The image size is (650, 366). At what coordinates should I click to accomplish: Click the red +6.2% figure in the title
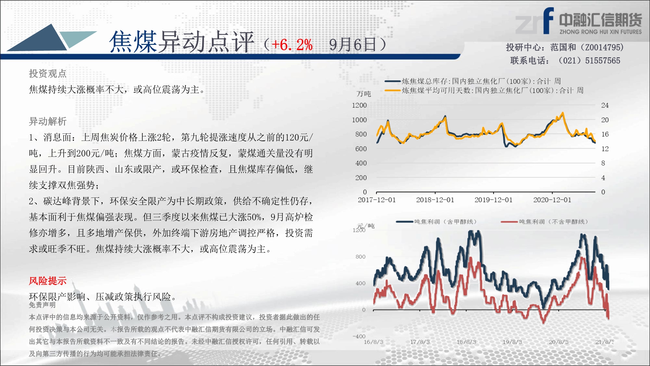pyautogui.click(x=292, y=45)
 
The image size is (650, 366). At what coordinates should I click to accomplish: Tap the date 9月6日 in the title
pyautogui.click(x=353, y=45)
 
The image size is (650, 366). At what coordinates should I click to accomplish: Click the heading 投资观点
pyautogui.click(x=47, y=74)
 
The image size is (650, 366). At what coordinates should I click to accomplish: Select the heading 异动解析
pyautogui.click(x=47, y=121)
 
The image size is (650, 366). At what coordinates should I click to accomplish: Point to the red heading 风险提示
pyautogui.click(x=47, y=281)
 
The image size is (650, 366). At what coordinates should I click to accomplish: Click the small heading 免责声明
pyautogui.click(x=42, y=305)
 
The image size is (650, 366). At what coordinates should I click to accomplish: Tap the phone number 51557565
pyautogui.click(x=603, y=61)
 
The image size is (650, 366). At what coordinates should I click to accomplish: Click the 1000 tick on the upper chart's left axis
pyautogui.click(x=359, y=120)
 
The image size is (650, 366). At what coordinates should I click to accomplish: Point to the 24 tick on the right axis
pyautogui.click(x=605, y=105)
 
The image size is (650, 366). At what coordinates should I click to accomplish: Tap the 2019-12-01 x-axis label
pyautogui.click(x=493, y=200)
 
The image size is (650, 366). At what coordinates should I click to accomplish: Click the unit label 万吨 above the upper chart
pyautogui.click(x=364, y=94)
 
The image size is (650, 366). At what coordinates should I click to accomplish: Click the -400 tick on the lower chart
pyautogui.click(x=359, y=336)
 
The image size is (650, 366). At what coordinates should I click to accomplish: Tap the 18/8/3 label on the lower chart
pyautogui.click(x=466, y=342)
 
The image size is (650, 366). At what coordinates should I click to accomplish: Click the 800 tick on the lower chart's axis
pyautogui.click(x=360, y=257)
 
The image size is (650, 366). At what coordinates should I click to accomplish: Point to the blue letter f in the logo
pyautogui.click(x=548, y=20)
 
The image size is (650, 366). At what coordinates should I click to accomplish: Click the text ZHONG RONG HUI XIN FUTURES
pyautogui.click(x=601, y=32)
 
